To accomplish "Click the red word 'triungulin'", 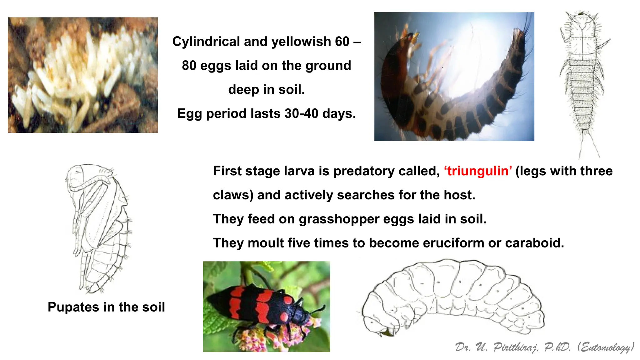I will [x=478, y=171].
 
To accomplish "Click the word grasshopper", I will [x=339, y=219].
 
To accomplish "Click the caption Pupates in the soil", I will [x=106, y=307].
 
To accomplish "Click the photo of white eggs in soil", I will [x=83, y=75].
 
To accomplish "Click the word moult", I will [x=266, y=243].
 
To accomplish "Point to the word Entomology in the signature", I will [x=606, y=347].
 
